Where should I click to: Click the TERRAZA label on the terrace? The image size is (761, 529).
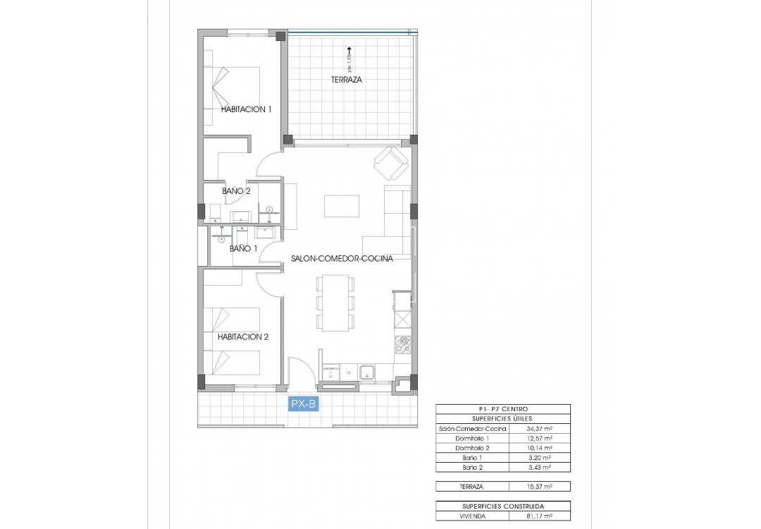347,80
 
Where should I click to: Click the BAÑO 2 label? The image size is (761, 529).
236,191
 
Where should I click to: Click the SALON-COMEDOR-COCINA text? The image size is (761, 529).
342,259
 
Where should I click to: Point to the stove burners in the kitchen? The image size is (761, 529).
404,346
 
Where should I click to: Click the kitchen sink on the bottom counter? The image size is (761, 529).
366,372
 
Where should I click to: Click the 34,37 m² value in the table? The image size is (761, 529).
539,428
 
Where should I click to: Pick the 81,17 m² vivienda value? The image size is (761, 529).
539,516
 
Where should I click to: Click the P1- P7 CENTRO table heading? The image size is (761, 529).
503,409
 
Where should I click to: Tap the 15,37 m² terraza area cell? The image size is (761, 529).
539,486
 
